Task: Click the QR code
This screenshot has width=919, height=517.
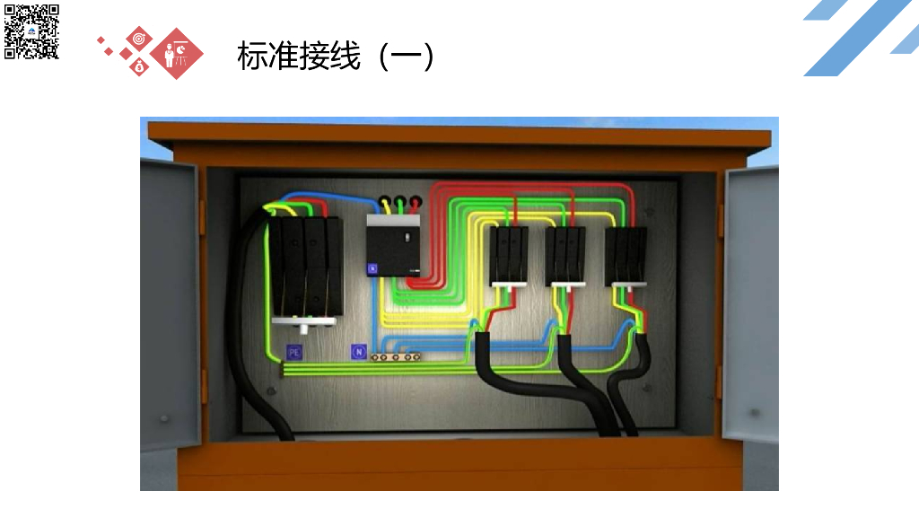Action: coord(31,31)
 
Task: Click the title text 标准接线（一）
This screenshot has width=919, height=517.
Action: coord(337,56)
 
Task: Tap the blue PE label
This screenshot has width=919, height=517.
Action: coord(293,353)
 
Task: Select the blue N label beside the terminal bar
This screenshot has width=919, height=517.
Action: coord(358,352)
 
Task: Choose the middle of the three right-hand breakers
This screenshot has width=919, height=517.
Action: coord(565,255)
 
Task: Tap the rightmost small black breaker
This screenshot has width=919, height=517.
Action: coord(626,255)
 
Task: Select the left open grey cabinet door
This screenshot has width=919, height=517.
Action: coord(168,305)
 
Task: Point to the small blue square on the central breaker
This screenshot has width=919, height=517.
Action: coord(373,267)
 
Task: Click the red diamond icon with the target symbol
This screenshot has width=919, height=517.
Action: coord(138,39)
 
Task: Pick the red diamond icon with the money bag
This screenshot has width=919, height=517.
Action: coord(139,66)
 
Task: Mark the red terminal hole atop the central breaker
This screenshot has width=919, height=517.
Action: coord(415,204)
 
